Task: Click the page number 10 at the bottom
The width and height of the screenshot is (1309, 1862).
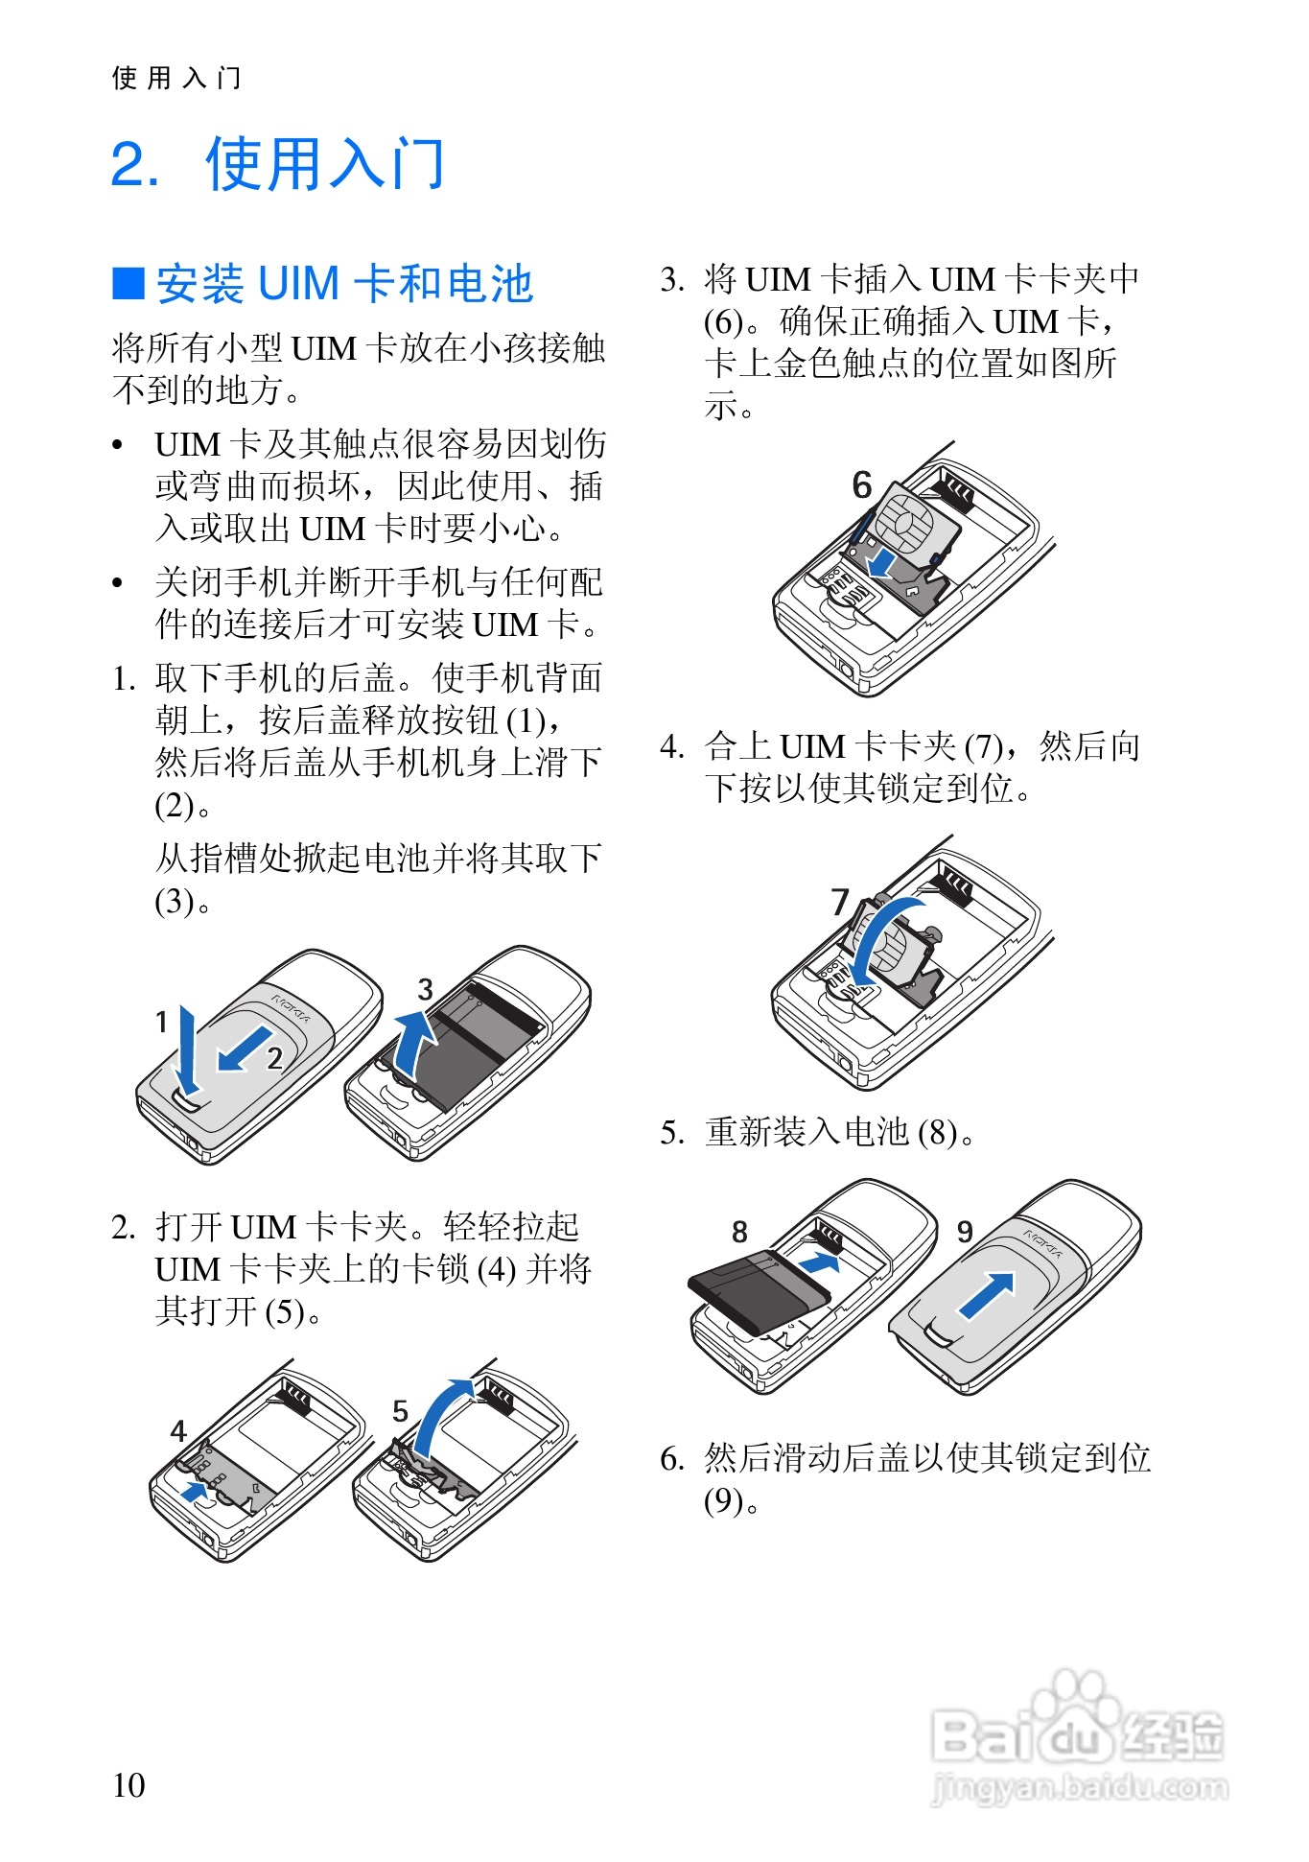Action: (x=129, y=1785)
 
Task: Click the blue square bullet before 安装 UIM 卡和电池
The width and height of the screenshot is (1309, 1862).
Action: (x=128, y=284)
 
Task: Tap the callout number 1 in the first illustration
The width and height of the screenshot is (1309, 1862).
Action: (x=162, y=1022)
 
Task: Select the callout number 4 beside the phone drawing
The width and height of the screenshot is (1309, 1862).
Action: (x=178, y=1431)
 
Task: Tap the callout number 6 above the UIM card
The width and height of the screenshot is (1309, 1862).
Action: (x=862, y=485)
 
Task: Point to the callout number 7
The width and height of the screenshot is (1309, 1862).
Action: (x=841, y=903)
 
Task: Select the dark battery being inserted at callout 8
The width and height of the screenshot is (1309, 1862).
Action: (x=758, y=1290)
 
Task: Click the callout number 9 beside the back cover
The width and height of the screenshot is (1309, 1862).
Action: (x=965, y=1232)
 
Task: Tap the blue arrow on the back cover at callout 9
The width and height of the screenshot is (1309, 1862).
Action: (x=987, y=1296)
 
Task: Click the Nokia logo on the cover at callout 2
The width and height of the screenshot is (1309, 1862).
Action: (x=291, y=1006)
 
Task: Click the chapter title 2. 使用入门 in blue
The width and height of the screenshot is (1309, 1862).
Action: (x=278, y=164)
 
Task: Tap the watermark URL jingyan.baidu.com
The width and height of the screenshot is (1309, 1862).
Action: (x=1080, y=1788)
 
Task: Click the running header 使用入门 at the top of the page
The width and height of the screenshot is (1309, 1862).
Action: (x=176, y=78)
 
